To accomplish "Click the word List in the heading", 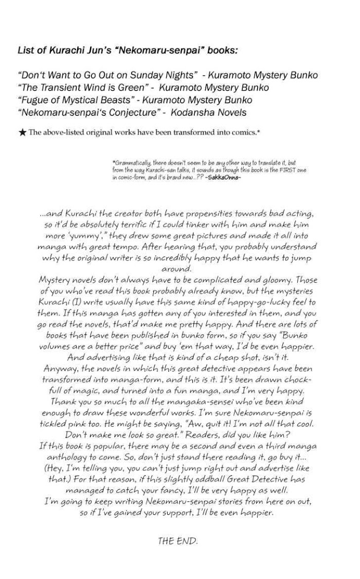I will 25,50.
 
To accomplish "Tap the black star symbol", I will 22,133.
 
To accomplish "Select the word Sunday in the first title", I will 129,76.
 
